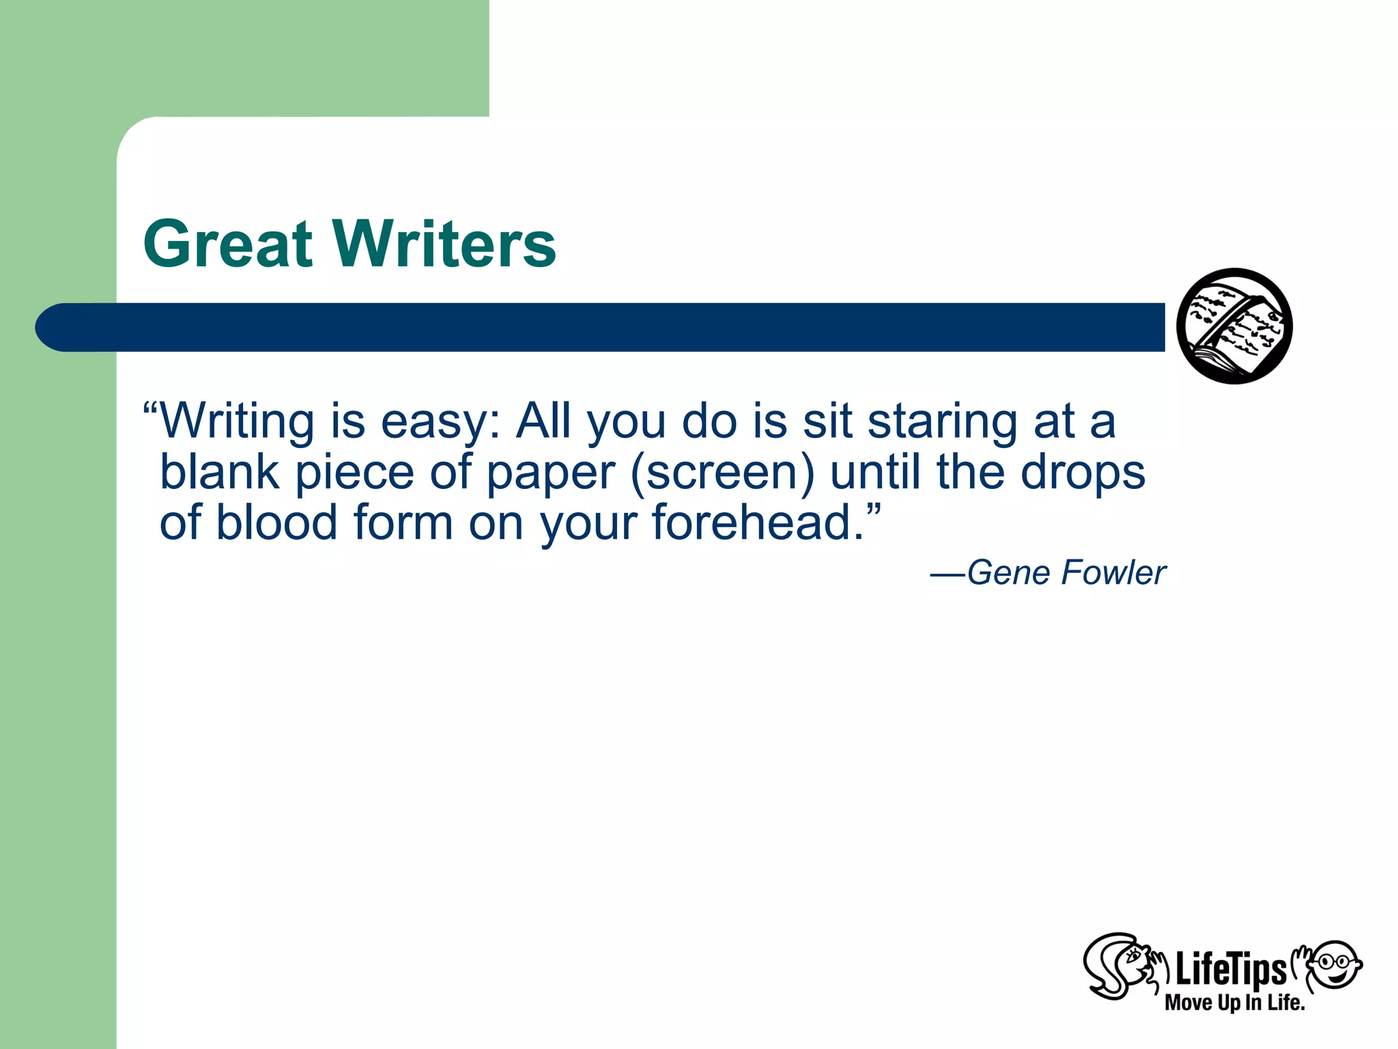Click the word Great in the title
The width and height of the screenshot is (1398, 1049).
point(228,244)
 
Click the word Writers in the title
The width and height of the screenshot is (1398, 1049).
point(444,244)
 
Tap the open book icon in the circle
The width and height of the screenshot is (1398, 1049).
point(1234,326)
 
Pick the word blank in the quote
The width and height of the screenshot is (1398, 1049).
point(219,473)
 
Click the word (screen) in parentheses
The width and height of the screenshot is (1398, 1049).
point(722,473)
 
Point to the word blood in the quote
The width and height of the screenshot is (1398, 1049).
point(277,523)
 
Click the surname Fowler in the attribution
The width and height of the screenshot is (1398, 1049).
point(1113,573)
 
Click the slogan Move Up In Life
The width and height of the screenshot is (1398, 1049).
point(1234,1003)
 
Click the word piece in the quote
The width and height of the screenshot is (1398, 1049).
point(354,473)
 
